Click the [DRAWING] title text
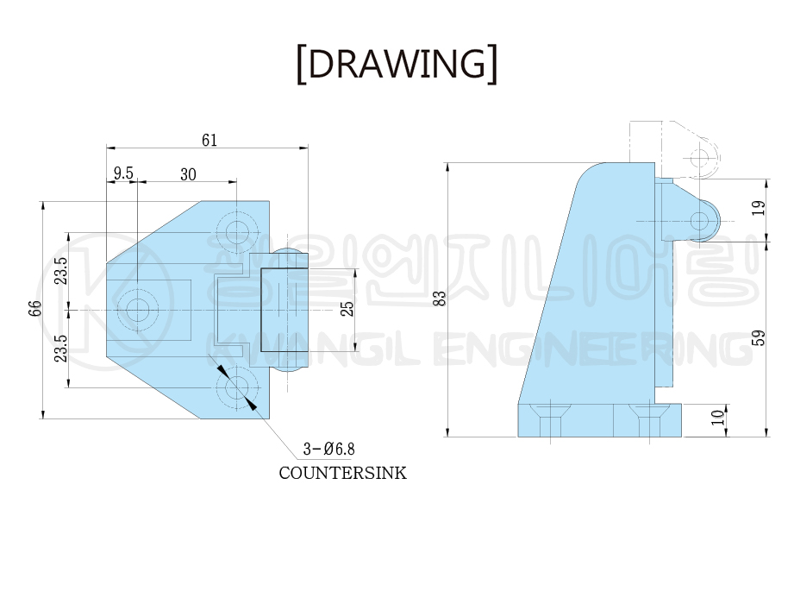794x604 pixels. (x=397, y=64)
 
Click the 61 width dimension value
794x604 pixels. (x=209, y=140)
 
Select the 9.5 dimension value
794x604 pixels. (x=123, y=173)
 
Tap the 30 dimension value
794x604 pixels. (x=188, y=174)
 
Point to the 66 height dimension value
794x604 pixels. (x=34, y=308)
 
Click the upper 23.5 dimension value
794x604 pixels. (x=60, y=271)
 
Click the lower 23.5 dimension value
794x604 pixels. (x=60, y=348)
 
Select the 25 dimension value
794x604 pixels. (x=347, y=309)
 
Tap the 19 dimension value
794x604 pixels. (x=759, y=208)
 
